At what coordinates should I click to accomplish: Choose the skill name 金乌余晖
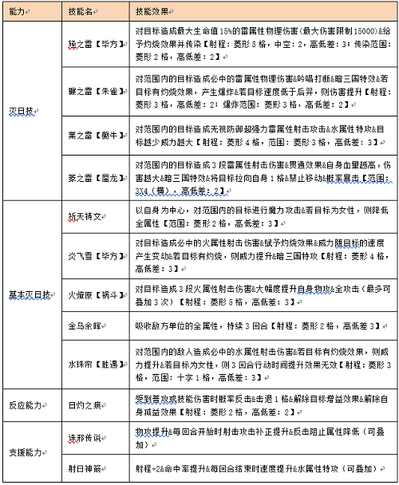(85, 327)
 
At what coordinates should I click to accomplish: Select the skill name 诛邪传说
(85, 438)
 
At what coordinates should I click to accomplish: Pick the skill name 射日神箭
(85, 467)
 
